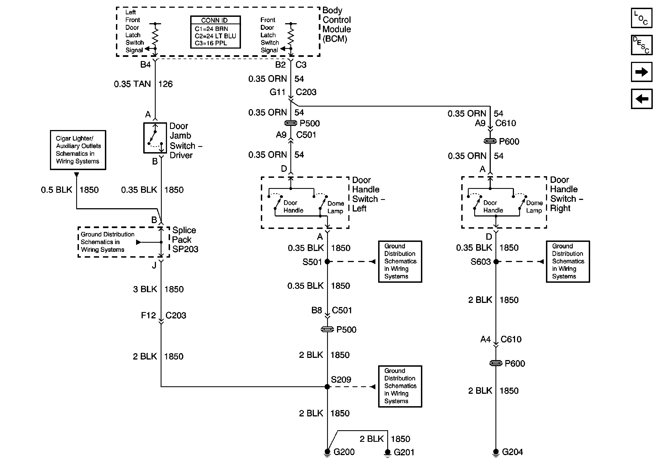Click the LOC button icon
(x=641, y=18)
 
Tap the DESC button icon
(x=641, y=45)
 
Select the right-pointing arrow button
(x=641, y=72)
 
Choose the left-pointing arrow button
(x=641, y=99)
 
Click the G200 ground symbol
(x=327, y=452)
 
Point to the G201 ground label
(x=404, y=452)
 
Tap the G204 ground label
(x=512, y=452)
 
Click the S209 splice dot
(x=327, y=387)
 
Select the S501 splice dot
(x=327, y=262)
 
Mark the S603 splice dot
(x=496, y=262)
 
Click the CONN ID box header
(x=215, y=20)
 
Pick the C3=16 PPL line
(x=211, y=43)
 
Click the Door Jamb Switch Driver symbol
(x=155, y=138)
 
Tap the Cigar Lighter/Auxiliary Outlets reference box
(x=78, y=150)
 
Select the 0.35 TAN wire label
(x=132, y=84)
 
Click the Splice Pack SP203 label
(x=185, y=240)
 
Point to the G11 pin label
(x=277, y=92)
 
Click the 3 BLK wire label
(x=145, y=289)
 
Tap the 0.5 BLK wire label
(x=57, y=190)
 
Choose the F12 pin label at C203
(x=148, y=315)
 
